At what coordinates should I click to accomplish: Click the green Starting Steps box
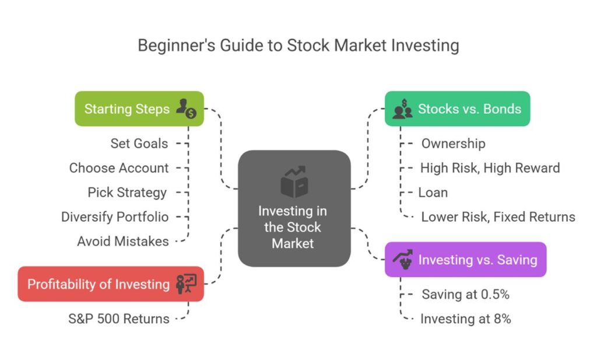(139, 109)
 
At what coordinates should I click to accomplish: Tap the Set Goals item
(139, 144)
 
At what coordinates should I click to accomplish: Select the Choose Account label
(119, 168)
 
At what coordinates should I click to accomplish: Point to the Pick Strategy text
(127, 193)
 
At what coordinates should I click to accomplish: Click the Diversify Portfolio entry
(115, 217)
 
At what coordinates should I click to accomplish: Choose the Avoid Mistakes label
(123, 241)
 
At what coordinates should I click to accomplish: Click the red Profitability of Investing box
(110, 284)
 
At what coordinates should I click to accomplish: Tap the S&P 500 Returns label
(119, 319)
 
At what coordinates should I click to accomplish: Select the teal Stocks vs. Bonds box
(457, 109)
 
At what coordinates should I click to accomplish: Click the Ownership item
(453, 144)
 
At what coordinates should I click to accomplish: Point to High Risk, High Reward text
(490, 168)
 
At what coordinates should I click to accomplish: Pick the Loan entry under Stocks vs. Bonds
(433, 193)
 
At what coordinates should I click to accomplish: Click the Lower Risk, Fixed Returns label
(498, 217)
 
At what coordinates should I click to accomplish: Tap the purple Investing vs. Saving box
(465, 260)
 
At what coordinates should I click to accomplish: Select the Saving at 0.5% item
(465, 295)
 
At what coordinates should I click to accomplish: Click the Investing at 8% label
(465, 319)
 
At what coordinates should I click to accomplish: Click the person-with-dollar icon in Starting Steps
(186, 109)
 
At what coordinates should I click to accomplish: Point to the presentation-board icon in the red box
(187, 284)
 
